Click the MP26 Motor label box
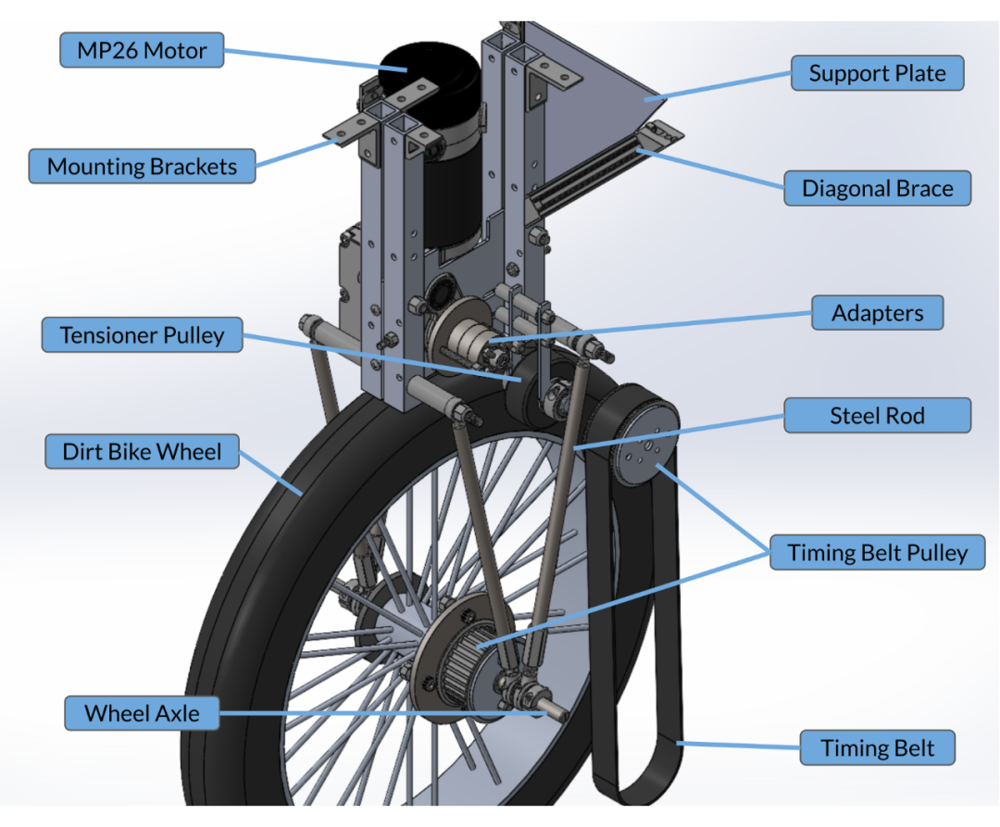142,50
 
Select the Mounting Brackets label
142,167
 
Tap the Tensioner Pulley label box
142,334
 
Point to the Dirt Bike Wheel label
142,452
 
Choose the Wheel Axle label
142,713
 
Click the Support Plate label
877,73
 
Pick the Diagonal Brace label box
876,189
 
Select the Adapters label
877,313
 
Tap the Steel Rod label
877,416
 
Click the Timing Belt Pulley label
876,553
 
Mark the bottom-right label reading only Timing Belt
877,748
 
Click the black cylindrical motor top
426,65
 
